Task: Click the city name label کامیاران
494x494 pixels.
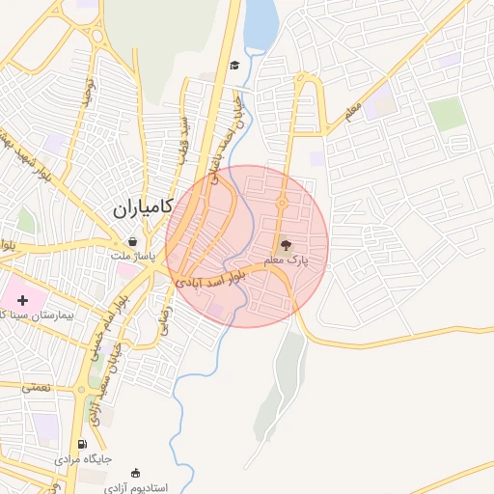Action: [142, 206]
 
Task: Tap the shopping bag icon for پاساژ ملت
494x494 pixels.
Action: [132, 241]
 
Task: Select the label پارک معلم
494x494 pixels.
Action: [286, 261]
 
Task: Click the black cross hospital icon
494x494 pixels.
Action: [22, 301]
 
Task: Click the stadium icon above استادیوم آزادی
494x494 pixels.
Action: [136, 473]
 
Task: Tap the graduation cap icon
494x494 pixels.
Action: [234, 66]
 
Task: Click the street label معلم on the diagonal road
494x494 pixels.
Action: [351, 111]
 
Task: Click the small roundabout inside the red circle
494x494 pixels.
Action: [283, 202]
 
